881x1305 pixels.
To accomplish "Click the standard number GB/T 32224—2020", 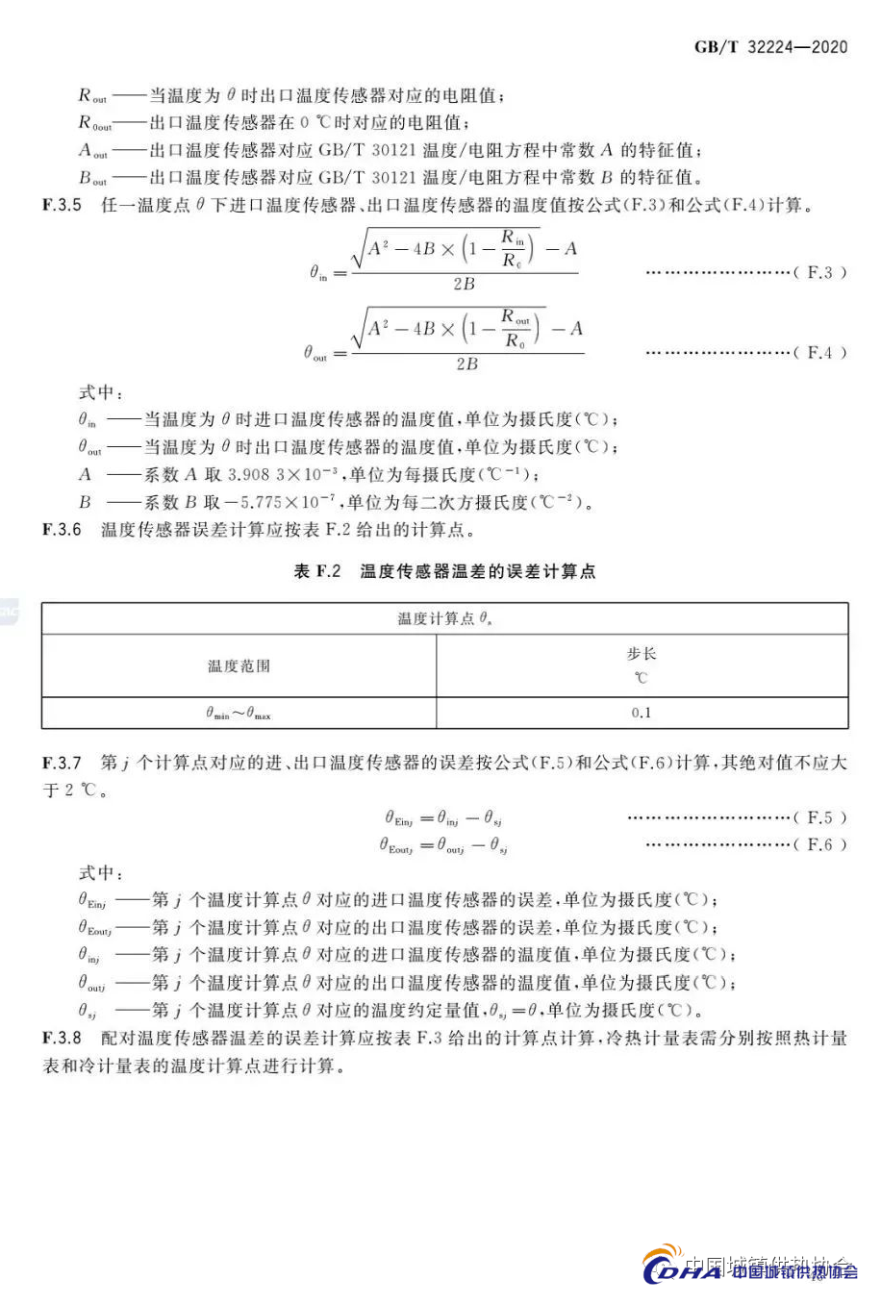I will click(x=770, y=47).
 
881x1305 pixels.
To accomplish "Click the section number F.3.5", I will click(x=62, y=205).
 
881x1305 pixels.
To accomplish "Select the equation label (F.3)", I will click(x=819, y=272).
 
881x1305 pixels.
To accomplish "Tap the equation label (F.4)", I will click(x=819, y=352).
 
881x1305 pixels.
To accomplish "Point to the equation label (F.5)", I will click(x=819, y=816).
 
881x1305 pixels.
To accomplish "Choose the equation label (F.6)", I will click(x=819, y=843).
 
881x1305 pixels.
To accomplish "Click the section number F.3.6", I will click(x=62, y=530).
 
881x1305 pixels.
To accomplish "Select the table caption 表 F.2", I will click(x=317, y=571).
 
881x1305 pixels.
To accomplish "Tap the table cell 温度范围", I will click(x=239, y=665).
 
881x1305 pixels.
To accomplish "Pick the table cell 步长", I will click(x=642, y=654).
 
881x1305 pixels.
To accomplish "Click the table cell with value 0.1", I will click(x=642, y=713).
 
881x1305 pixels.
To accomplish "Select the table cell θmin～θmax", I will click(x=239, y=714).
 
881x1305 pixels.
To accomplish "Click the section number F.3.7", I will click(x=62, y=763).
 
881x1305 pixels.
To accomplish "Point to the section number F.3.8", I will click(x=62, y=1039).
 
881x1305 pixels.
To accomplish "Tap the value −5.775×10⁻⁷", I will click(x=281, y=502).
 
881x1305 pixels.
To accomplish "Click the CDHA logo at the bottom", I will click(x=682, y=1270).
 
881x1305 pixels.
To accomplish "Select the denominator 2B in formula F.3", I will click(x=464, y=284).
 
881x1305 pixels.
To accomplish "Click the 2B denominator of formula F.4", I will click(x=466, y=364).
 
